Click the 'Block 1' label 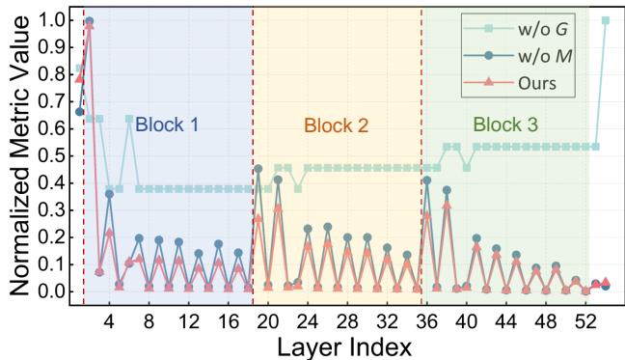click(167, 125)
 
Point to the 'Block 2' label click(336, 125)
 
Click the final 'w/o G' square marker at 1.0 click(606, 20)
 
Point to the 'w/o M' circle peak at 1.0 click(90, 20)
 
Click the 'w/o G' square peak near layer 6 click(129, 119)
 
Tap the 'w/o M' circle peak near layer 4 click(109, 194)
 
